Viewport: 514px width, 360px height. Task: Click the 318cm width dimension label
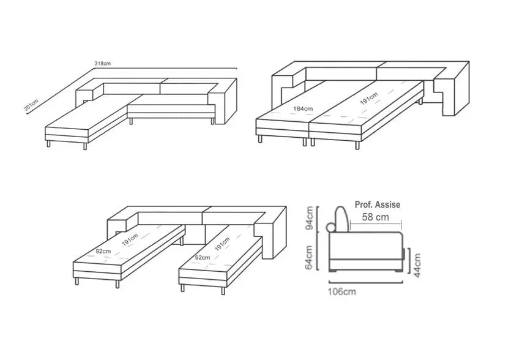tap(103, 63)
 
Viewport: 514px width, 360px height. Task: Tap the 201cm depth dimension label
tap(31, 105)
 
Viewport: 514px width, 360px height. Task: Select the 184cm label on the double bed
tap(303, 108)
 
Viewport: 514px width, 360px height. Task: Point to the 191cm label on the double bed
tap(369, 99)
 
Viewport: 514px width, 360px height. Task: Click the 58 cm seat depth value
tap(375, 217)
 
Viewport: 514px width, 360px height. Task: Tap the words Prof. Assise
tap(378, 204)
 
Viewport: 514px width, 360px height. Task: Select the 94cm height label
tap(310, 218)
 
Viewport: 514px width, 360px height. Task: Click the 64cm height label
tap(309, 257)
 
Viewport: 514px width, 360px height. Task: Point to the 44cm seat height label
tap(417, 265)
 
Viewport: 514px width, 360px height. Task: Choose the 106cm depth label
tap(342, 291)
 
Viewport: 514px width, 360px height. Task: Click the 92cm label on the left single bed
tap(103, 251)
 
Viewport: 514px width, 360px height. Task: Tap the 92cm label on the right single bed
tap(203, 257)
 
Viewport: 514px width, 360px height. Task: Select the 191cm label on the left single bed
tap(130, 239)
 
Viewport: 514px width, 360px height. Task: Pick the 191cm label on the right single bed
tap(222, 244)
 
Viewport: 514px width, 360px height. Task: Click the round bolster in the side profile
tap(330, 227)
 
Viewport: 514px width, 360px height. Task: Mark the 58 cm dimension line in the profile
tap(376, 224)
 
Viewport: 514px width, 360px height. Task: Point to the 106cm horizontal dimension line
tap(366, 282)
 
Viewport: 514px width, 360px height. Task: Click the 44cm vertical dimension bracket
tap(409, 261)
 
